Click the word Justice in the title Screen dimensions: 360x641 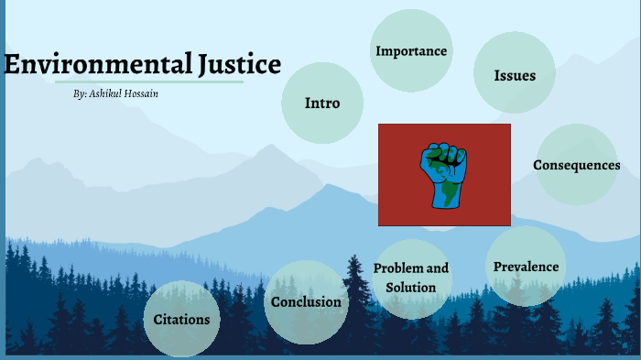[239, 65]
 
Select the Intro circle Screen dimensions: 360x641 [321, 104]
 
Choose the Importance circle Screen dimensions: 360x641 [411, 51]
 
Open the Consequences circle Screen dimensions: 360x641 [576, 165]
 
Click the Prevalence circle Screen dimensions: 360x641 [526, 267]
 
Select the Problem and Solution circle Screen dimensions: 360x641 [411, 278]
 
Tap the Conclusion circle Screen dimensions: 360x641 [306, 301]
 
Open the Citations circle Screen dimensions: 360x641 [181, 320]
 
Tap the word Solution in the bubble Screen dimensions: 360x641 [411, 288]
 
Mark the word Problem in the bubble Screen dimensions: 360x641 [398, 268]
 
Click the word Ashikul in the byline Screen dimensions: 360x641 [108, 94]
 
